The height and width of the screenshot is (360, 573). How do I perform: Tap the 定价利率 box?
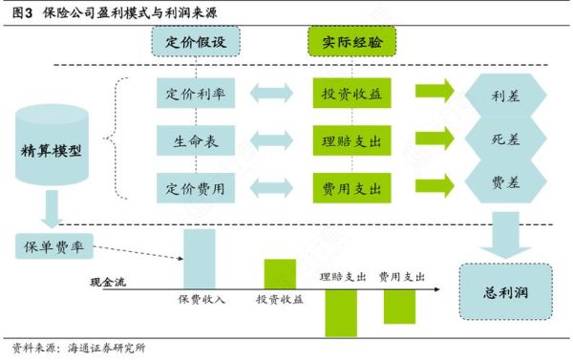tap(196, 95)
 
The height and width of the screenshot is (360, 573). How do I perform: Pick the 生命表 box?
tap(196, 139)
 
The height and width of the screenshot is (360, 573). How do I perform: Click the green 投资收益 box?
tap(351, 95)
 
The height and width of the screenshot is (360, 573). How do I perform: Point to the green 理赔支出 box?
tap(351, 139)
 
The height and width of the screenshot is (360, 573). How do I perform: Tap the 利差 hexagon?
tap(504, 96)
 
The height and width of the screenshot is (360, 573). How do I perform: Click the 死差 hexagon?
tap(504, 139)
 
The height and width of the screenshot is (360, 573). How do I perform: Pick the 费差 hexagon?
tap(504, 183)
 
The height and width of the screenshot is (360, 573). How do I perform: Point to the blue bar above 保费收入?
tap(200, 258)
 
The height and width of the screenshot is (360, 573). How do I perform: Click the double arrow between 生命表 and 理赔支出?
tap(273, 139)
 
